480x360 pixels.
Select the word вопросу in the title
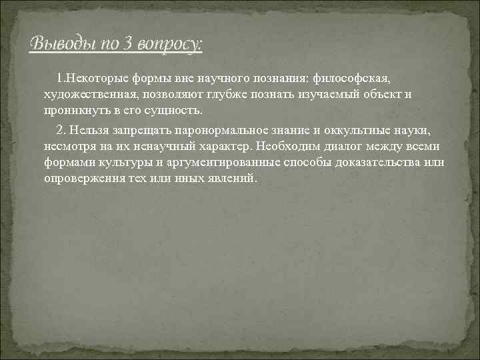[170, 44]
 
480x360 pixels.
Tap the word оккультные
[368, 131]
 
